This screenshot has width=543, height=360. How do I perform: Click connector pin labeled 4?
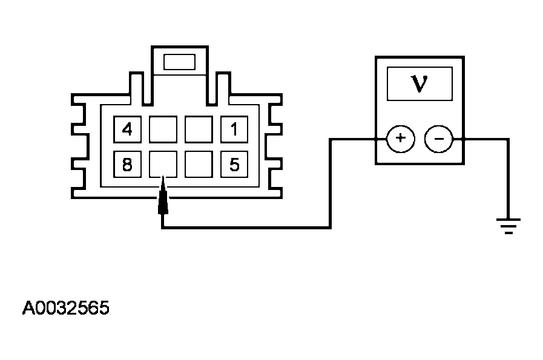click(127, 129)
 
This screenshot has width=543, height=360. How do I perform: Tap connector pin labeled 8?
click(127, 164)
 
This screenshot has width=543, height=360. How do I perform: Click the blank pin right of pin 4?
click(163, 129)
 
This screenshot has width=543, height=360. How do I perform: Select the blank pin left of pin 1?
click(198, 129)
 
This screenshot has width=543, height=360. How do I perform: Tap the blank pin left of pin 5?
click(198, 164)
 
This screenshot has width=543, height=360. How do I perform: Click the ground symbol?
click(508, 226)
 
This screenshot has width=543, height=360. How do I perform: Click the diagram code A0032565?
click(66, 309)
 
